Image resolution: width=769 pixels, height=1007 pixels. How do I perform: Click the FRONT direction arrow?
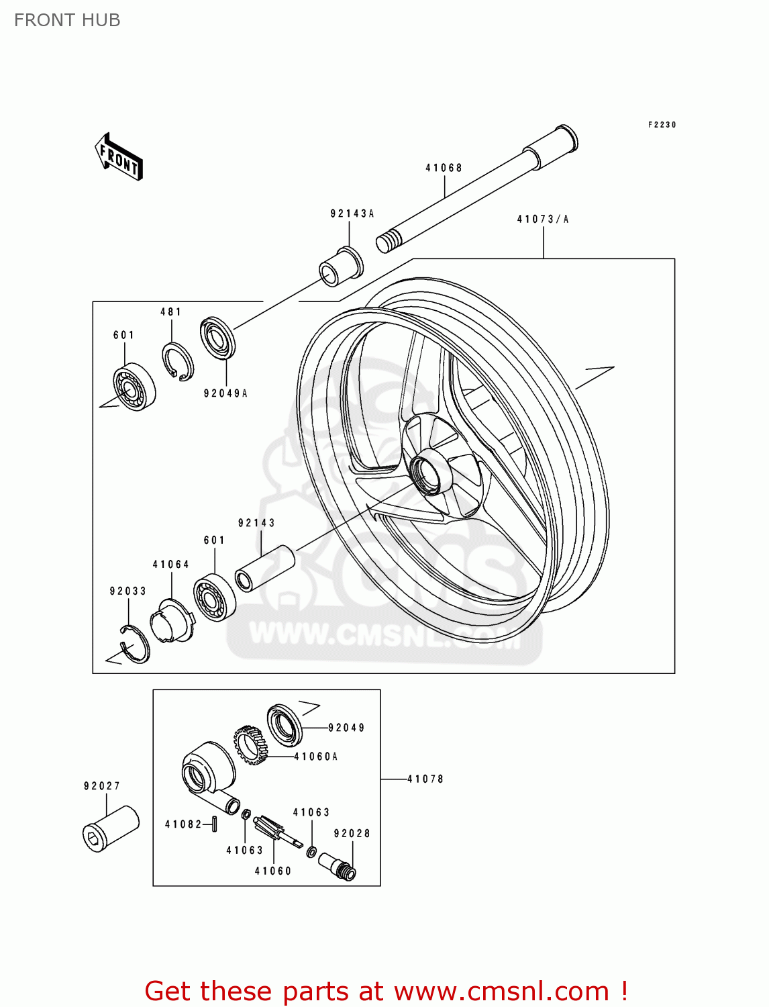coord(119,157)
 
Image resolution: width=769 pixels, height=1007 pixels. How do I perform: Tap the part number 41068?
coord(444,168)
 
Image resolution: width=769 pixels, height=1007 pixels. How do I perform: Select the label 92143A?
coord(352,213)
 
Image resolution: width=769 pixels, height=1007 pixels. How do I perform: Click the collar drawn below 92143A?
coord(341,267)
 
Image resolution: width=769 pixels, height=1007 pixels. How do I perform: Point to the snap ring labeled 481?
coord(178,363)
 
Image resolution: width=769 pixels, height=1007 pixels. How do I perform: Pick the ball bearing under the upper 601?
coord(134,387)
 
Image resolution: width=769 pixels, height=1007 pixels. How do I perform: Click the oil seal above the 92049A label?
coord(217,338)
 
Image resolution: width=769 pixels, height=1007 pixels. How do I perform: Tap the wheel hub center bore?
coord(427,473)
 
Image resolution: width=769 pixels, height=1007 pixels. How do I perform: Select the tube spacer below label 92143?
coord(265,569)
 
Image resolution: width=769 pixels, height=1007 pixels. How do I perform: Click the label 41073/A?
coord(543,220)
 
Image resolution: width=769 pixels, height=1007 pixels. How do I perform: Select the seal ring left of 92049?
coord(285,724)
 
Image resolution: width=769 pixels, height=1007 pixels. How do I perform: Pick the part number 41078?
coord(425,779)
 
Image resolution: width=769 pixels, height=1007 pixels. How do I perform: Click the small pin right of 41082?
coord(214,824)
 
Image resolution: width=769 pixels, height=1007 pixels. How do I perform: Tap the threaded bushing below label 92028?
coord(337,865)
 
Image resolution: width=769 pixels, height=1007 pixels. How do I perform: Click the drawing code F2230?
coord(662,125)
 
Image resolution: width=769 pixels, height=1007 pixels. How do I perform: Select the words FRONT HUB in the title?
coord(67,20)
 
